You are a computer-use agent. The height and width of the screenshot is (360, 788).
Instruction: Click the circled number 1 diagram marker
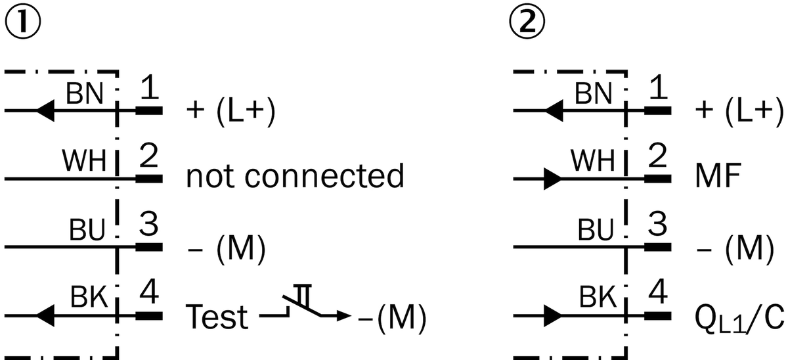[x=23, y=22]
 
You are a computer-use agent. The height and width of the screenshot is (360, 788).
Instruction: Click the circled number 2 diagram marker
[x=527, y=22]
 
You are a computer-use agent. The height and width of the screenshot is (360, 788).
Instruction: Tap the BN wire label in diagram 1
[x=85, y=93]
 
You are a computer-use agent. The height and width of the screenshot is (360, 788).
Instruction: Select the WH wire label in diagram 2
[x=593, y=160]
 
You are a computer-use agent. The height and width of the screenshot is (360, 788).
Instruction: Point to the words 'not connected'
[x=295, y=175]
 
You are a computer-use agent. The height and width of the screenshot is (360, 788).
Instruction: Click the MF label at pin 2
[x=718, y=175]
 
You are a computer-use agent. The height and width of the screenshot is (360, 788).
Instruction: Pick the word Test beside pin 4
[x=217, y=317]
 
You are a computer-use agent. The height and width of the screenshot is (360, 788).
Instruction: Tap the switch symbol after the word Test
[x=305, y=305]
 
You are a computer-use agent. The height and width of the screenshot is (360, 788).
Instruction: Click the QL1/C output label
[x=739, y=319]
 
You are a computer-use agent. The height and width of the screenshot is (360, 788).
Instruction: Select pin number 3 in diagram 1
[x=148, y=224]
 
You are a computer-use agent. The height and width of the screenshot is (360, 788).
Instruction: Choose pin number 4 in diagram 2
[x=657, y=292]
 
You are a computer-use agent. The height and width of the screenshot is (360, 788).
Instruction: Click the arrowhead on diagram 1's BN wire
[x=45, y=110]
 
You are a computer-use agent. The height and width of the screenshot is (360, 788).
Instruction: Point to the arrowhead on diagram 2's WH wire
[x=553, y=179]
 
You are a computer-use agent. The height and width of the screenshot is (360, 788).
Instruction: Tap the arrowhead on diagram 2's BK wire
[x=553, y=316]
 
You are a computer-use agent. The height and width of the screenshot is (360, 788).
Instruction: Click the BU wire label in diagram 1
[x=87, y=230]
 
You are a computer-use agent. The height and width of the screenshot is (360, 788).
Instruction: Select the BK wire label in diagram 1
[x=89, y=297]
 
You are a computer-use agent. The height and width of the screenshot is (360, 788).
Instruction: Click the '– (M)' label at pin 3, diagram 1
[x=227, y=248]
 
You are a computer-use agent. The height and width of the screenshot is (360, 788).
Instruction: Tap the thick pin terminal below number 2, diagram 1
[x=149, y=179]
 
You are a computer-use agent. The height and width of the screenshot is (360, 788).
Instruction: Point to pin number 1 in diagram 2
[x=658, y=87]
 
